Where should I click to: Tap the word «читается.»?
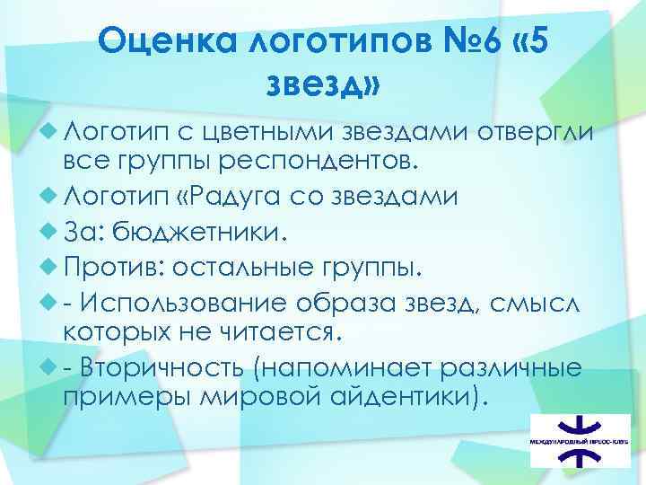pos(275,333)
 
